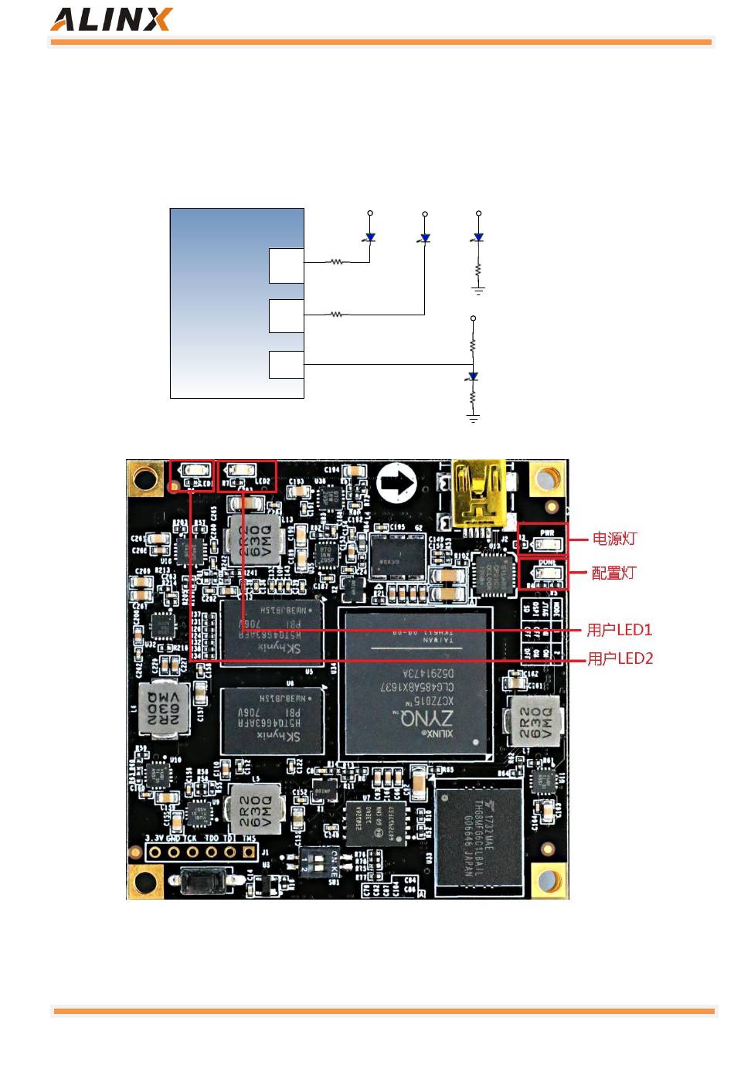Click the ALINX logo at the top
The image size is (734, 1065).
coord(111,19)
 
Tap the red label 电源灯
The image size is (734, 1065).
coord(614,539)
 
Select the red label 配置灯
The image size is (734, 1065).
coord(614,573)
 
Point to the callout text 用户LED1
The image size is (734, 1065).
coord(620,630)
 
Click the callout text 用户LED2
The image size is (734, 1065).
coord(620,658)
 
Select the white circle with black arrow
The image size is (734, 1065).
coord(397,484)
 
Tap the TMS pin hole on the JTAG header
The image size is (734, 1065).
coord(249,852)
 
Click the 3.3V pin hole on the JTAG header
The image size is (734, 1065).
coord(155,852)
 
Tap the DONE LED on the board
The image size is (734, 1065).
coord(547,573)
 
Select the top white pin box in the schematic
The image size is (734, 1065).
coord(286,266)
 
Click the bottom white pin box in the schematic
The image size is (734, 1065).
coord(286,365)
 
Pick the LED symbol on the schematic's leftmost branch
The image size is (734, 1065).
coord(370,237)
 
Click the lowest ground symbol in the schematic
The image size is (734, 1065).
coord(473,417)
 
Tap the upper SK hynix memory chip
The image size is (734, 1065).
coord(270,630)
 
